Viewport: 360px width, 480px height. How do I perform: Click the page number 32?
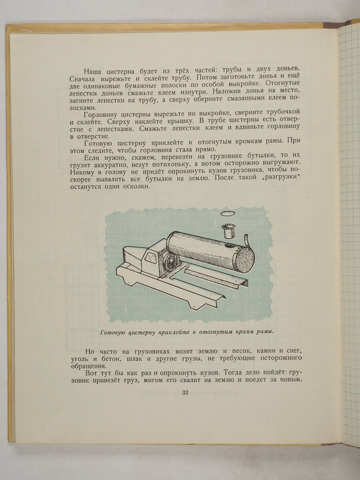185,392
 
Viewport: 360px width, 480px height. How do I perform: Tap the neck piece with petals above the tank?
228,231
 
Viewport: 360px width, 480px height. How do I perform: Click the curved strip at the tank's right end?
247,242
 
